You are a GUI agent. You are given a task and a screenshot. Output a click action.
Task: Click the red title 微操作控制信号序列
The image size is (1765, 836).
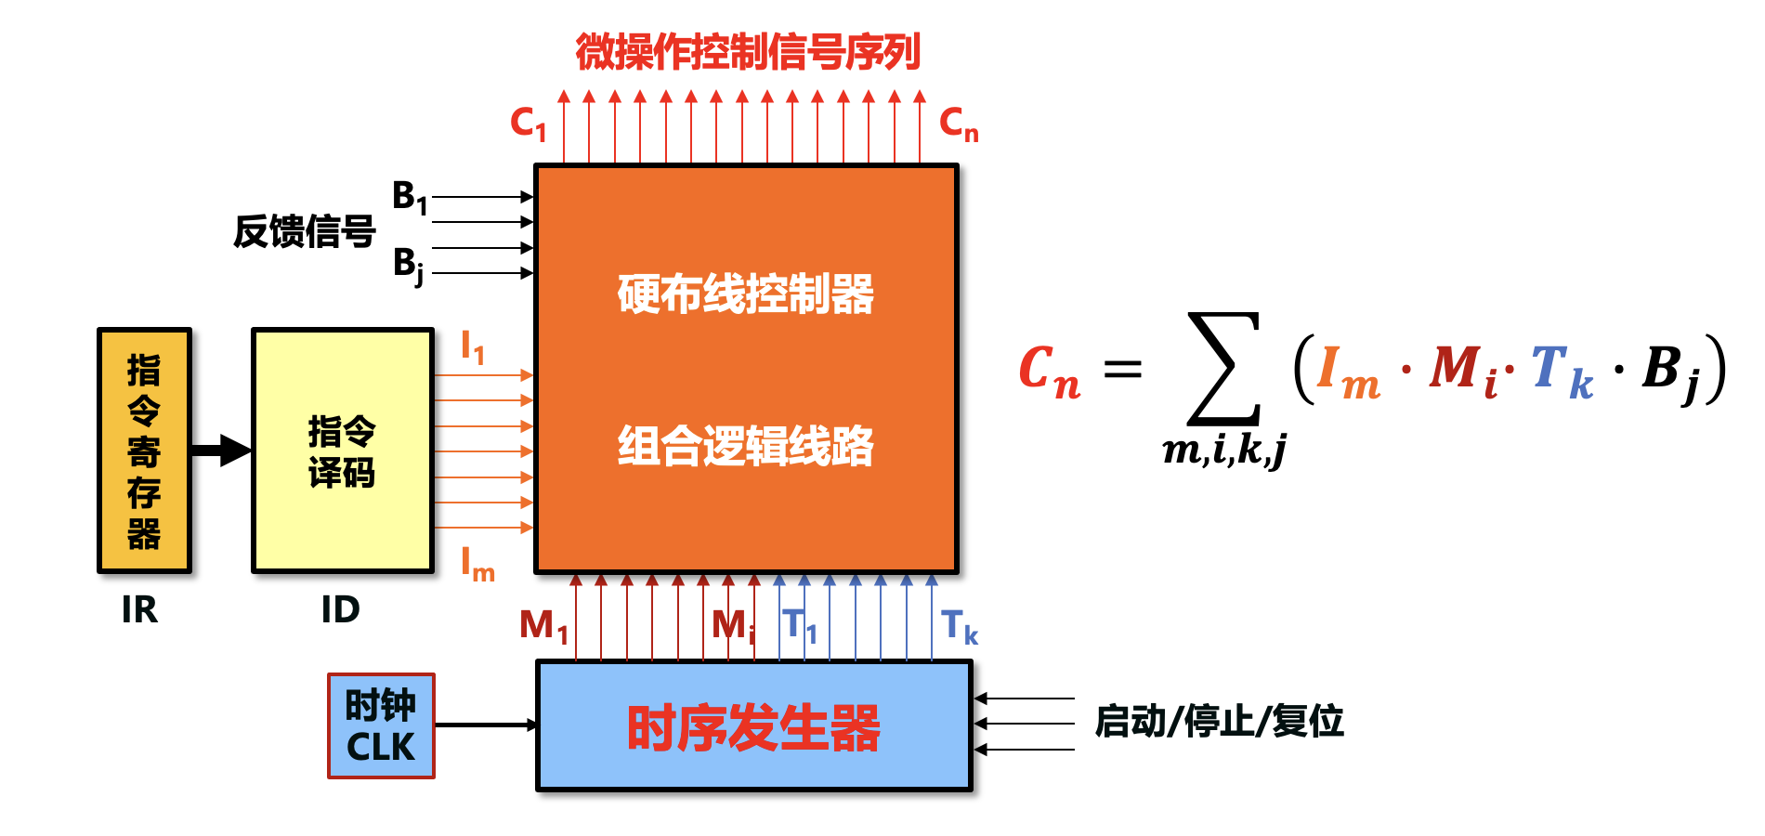(748, 52)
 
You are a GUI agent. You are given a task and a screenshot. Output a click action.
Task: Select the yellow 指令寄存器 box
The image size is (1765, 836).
(144, 451)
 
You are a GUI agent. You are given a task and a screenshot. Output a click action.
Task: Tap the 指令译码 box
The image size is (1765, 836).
(343, 451)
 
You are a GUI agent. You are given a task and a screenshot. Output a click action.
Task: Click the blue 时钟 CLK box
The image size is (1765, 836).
(381, 725)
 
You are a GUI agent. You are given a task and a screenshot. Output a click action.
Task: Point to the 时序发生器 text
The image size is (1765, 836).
(753, 727)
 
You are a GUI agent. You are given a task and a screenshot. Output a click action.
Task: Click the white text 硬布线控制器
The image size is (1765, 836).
(746, 294)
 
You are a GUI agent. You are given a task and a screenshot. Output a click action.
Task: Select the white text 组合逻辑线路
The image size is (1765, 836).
(746, 446)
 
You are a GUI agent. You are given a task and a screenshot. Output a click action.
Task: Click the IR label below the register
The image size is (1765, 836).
(139, 610)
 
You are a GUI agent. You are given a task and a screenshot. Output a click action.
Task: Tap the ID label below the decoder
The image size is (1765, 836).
(340, 610)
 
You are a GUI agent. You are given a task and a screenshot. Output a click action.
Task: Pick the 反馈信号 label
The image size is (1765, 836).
(304, 231)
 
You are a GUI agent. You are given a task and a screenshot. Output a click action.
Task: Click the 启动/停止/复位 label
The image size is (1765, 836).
(1219, 722)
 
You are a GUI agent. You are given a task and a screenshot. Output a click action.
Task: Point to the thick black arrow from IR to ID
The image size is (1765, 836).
(221, 451)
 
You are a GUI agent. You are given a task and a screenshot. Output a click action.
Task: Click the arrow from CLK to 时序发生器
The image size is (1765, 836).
(485, 725)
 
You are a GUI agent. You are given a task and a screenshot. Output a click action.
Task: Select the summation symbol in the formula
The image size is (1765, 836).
(1224, 369)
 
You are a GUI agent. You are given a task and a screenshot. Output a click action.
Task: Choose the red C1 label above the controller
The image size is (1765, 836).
(528, 123)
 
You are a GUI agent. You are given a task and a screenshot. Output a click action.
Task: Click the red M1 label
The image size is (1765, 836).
(543, 626)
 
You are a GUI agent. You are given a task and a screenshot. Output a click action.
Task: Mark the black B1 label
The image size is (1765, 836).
(410, 197)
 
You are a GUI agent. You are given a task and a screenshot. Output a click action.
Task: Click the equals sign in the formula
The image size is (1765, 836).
(1122, 370)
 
